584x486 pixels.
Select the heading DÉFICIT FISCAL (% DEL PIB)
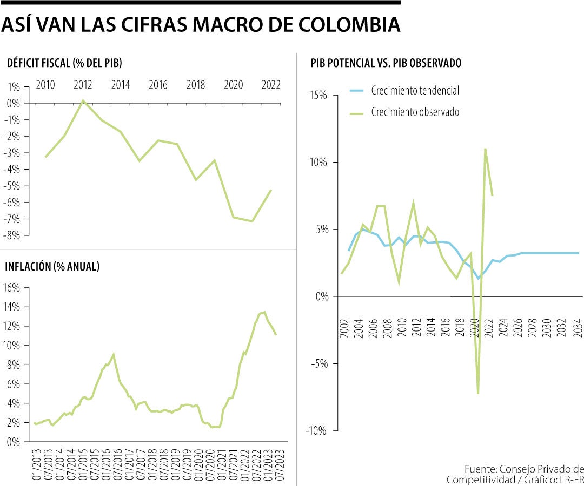pyautogui.click(x=64, y=63)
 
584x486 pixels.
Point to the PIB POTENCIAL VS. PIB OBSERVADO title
pyautogui.click(x=386, y=63)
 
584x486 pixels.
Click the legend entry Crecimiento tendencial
pyautogui.click(x=415, y=91)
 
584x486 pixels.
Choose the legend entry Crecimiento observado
pyautogui.click(x=415, y=112)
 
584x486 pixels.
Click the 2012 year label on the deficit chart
pyautogui.click(x=83, y=85)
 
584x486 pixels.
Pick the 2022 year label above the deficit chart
pyautogui.click(x=270, y=85)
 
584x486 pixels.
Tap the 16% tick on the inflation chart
pyautogui.click(x=12, y=288)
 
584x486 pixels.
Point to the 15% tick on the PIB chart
pyautogui.click(x=320, y=96)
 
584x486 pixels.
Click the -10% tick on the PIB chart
pyautogui.click(x=318, y=430)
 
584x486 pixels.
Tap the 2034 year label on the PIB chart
pyautogui.click(x=578, y=327)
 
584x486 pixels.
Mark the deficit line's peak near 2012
pyautogui.click(x=83, y=100)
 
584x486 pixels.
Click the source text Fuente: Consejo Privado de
pyautogui.click(x=523, y=468)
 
